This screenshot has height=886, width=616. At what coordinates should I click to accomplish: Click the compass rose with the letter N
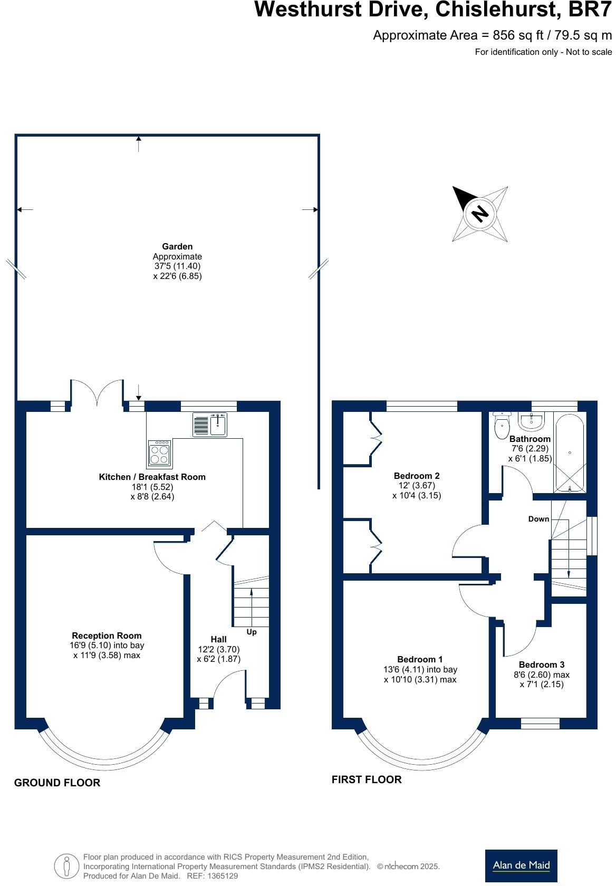click(x=479, y=214)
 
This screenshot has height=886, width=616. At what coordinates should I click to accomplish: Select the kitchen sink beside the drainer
click(x=218, y=425)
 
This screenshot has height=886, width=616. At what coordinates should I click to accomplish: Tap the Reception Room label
click(x=107, y=635)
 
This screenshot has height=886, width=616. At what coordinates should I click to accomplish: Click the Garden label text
click(x=177, y=246)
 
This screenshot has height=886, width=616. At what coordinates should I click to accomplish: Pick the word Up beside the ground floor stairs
click(x=252, y=632)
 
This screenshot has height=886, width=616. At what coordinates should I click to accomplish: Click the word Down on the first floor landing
click(x=538, y=519)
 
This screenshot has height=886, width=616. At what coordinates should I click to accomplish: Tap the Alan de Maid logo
click(x=521, y=865)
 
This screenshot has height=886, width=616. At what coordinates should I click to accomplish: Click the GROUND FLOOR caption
click(x=57, y=783)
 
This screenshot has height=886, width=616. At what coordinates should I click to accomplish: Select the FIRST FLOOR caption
click(x=367, y=779)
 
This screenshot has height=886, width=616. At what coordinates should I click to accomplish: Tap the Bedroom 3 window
click(x=540, y=724)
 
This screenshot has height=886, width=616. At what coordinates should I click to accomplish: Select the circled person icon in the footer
click(x=66, y=865)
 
